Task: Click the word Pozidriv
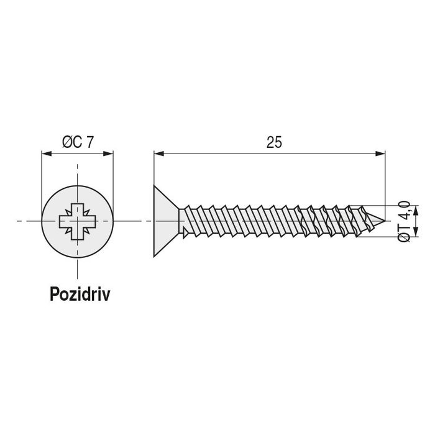pos(80,294)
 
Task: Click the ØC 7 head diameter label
pos(78,142)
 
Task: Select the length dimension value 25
pos(274,142)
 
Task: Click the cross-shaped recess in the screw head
pos(78,221)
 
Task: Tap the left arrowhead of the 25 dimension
pos(158,152)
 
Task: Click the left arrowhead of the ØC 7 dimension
pos(45,152)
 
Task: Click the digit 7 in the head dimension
pos(90,142)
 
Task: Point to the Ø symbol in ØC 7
pos(67,142)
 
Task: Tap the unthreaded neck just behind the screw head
pos(185,221)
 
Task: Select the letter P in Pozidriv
pos(55,294)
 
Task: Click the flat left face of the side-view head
pos(154,221)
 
